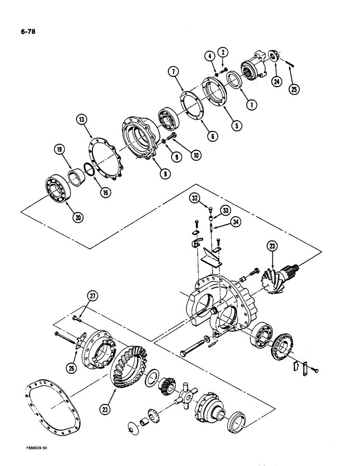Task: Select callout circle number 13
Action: (x=83, y=120)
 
